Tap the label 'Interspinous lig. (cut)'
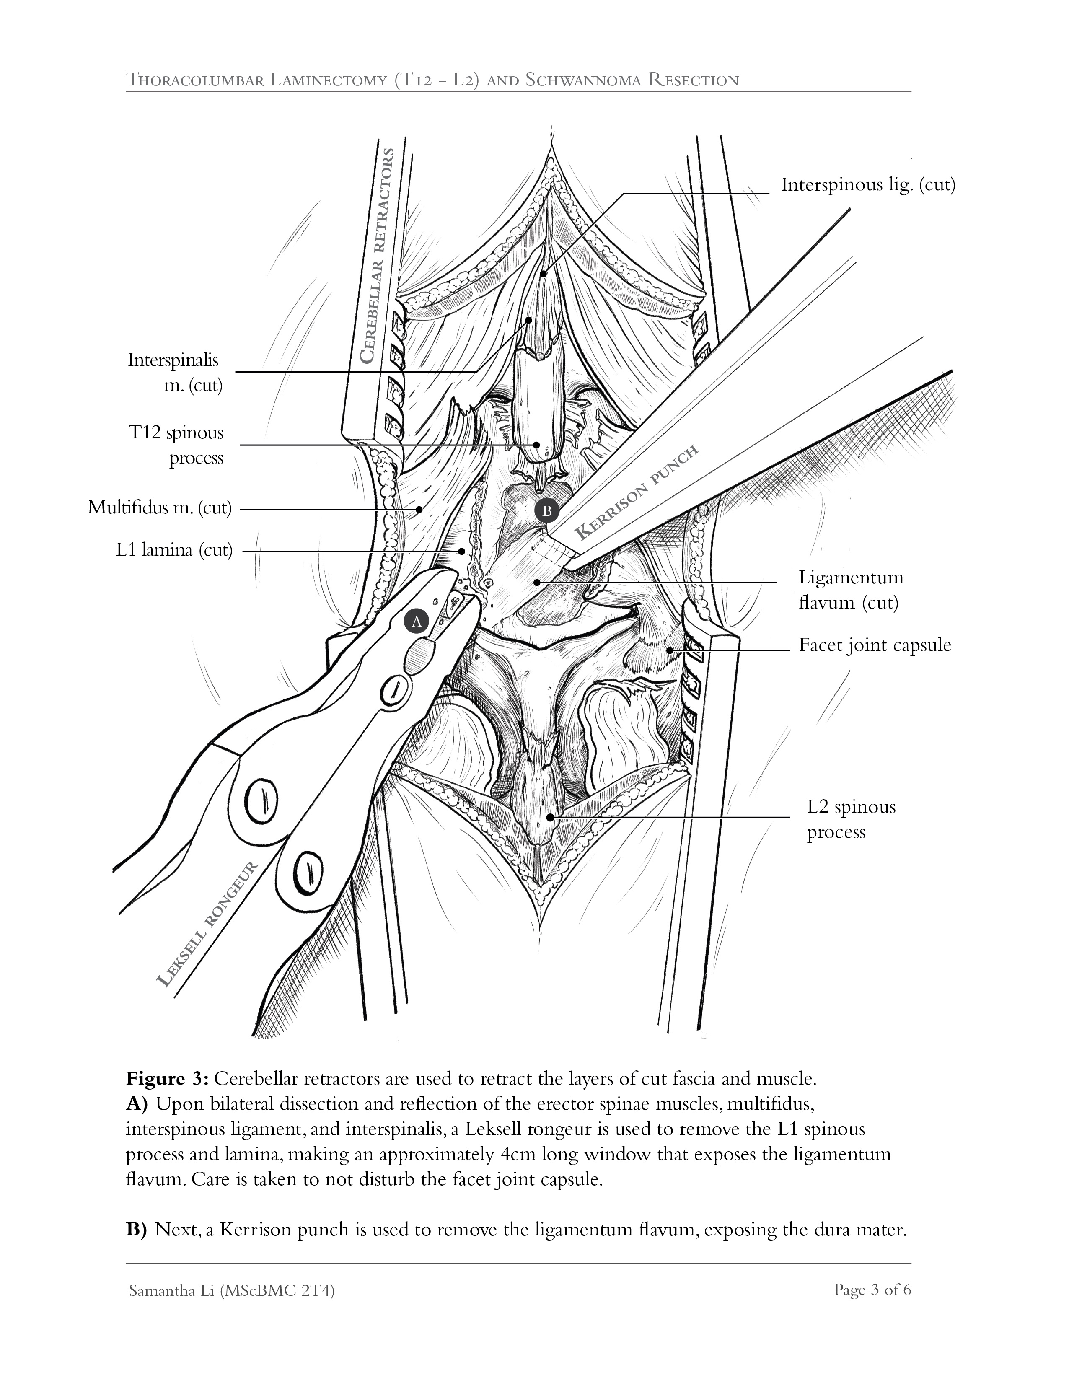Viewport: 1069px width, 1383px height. [x=867, y=185]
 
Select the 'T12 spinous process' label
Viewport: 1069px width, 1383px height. [x=176, y=445]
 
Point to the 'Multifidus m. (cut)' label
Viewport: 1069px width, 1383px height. [x=160, y=508]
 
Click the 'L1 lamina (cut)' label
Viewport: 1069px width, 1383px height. [x=174, y=550]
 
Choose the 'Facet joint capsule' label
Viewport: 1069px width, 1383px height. [x=875, y=645]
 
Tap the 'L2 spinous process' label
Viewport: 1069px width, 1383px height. [x=851, y=819]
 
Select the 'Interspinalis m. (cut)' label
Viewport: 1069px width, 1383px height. [x=174, y=372]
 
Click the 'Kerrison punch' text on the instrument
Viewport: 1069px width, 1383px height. [x=637, y=492]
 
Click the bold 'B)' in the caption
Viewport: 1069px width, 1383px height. [x=136, y=1230]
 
